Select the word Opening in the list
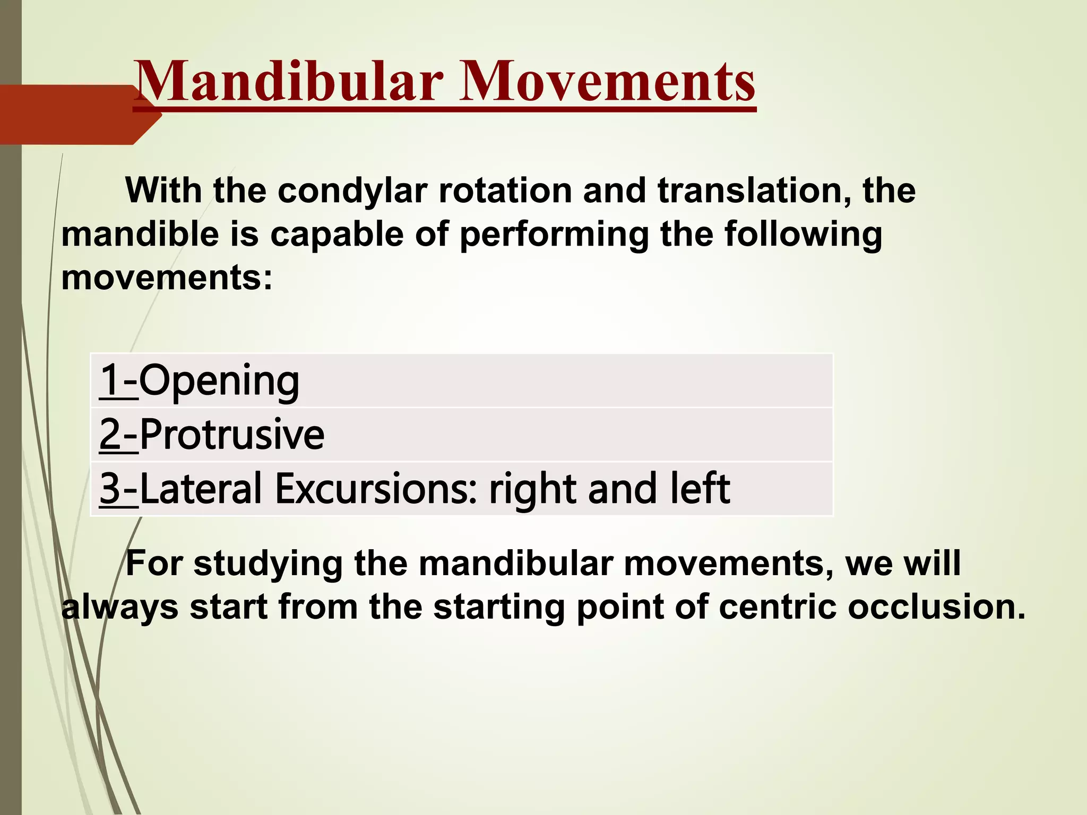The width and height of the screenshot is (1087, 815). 219,382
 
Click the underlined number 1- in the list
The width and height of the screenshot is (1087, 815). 118,380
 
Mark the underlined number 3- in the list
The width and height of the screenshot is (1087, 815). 118,489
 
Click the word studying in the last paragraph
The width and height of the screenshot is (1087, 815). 268,564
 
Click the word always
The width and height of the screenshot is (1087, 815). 120,608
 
